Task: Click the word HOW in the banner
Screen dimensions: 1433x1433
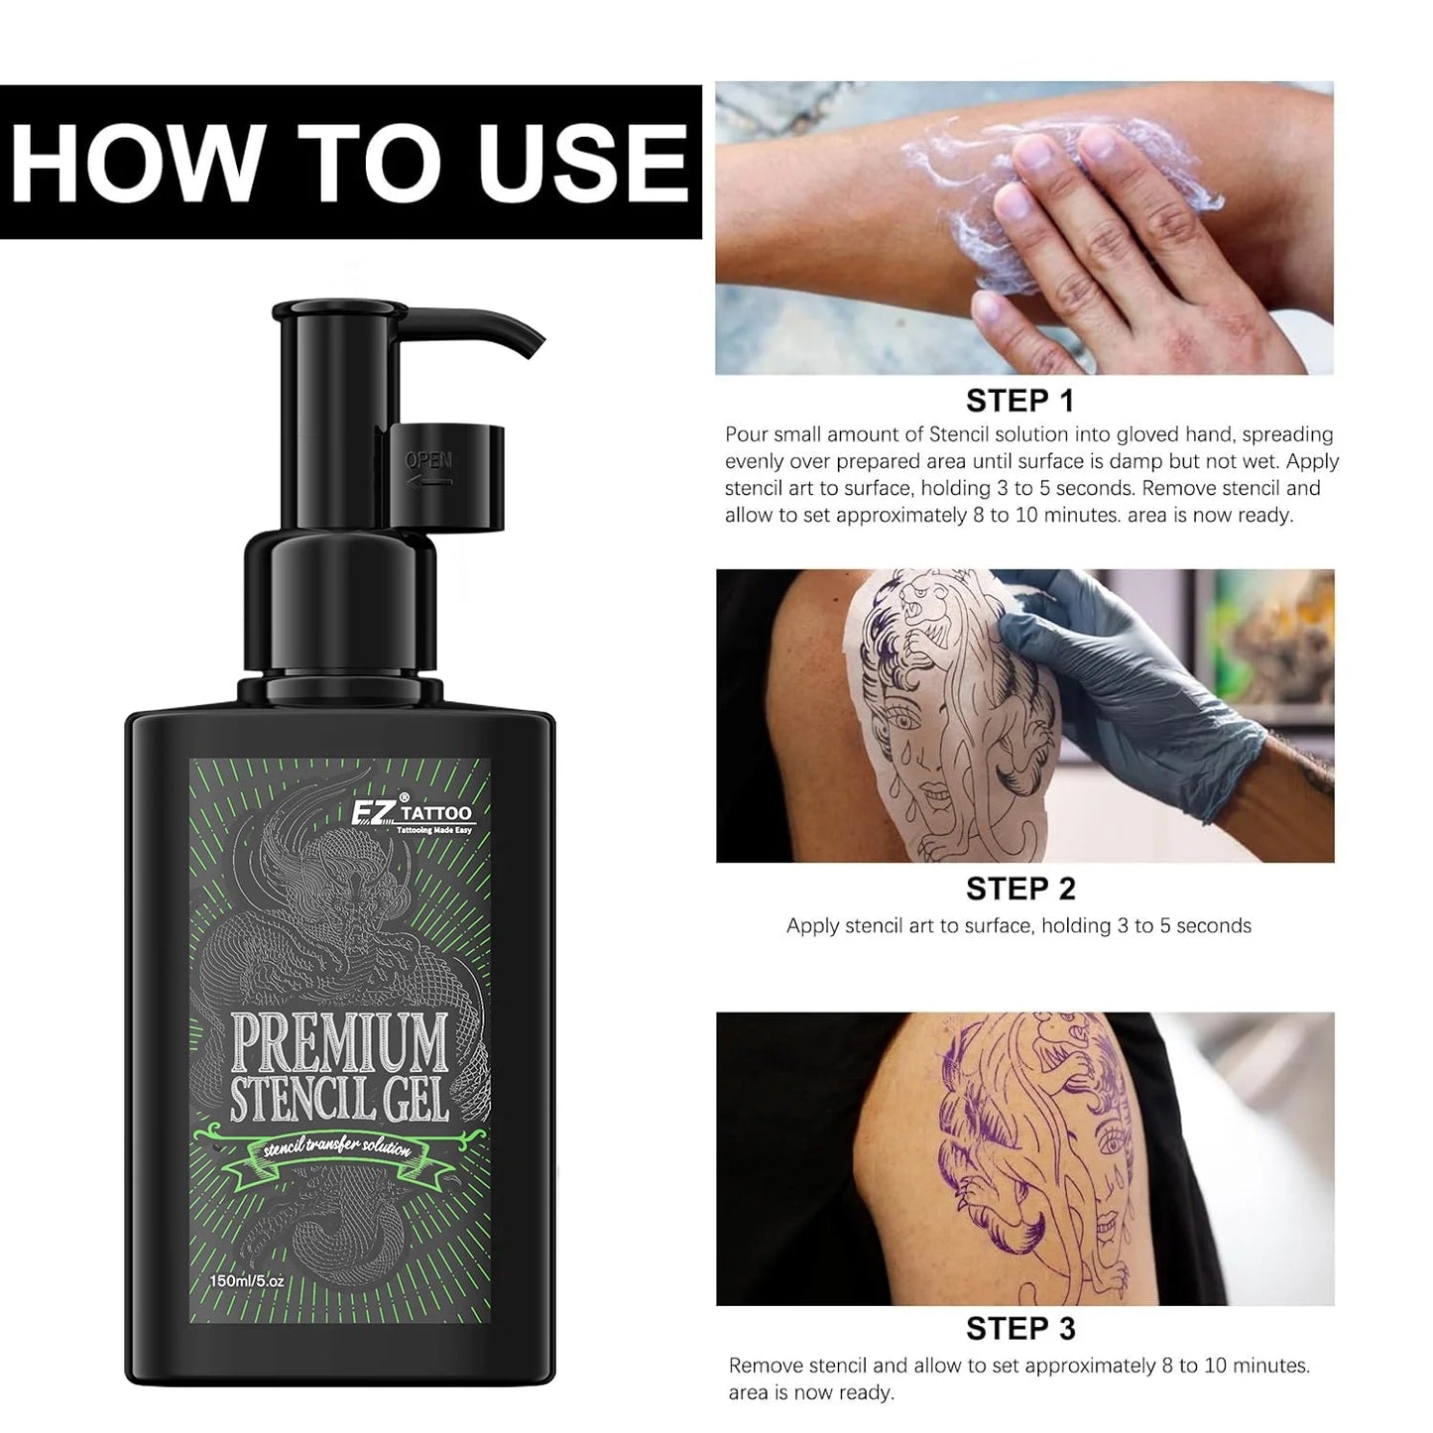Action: (139, 162)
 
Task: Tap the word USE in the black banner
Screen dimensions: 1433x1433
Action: (583, 162)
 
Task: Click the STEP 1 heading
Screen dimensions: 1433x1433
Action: (1020, 402)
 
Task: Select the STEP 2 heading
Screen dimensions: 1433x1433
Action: (1020, 889)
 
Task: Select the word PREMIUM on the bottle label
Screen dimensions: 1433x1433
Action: (339, 1042)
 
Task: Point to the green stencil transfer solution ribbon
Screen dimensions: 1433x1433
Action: (338, 1149)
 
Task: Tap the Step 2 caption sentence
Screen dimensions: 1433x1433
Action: (1018, 926)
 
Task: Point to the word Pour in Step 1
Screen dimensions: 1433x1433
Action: (745, 435)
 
